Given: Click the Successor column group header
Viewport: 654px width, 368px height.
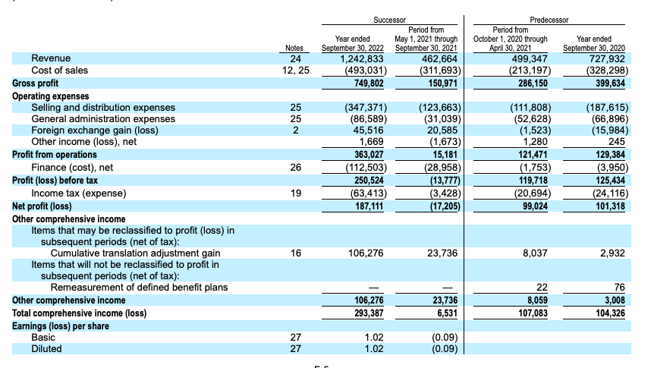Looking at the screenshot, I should pyautogui.click(x=390, y=20).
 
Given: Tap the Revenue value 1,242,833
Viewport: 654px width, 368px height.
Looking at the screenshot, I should pyautogui.click(x=363, y=58).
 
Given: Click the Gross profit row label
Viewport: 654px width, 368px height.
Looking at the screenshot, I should pyautogui.click(x=35, y=83).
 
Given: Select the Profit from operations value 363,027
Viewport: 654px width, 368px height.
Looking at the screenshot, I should pyautogui.click(x=366, y=155).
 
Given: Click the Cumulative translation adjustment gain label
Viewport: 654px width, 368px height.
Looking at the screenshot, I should pyautogui.click(x=135, y=253).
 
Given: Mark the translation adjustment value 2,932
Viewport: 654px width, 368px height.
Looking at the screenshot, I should pyautogui.click(x=611, y=253).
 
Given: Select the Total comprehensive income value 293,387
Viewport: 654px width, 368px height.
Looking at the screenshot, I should pyautogui.click(x=366, y=313).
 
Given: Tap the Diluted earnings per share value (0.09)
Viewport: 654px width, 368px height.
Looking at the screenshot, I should pyautogui.click(x=444, y=349).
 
